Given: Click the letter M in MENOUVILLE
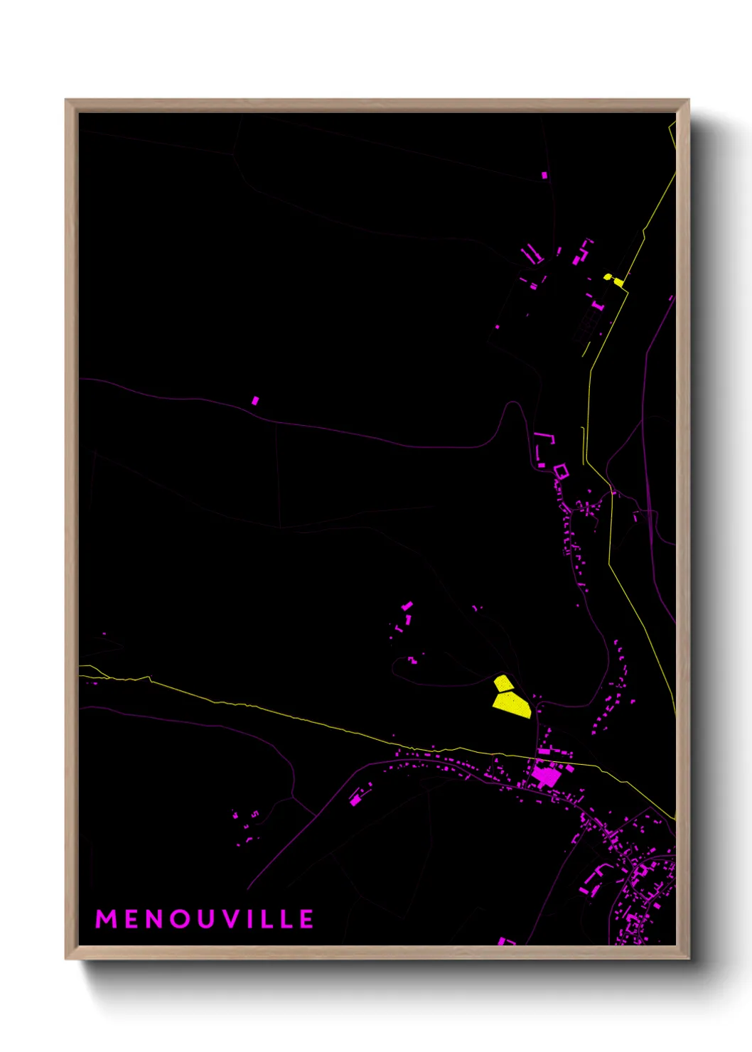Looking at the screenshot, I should (x=106, y=919).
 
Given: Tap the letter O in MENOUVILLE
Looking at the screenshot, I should (x=181, y=919).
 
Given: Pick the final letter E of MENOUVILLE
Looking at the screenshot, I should (x=306, y=919).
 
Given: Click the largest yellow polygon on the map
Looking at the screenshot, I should (x=512, y=704).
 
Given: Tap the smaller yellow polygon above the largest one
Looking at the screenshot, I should (x=503, y=683).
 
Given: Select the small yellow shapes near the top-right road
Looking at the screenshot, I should (x=614, y=280).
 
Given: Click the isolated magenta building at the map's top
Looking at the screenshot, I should (x=544, y=175).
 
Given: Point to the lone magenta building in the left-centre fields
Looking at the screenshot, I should (x=255, y=401).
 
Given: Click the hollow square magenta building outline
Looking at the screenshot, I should (x=562, y=471).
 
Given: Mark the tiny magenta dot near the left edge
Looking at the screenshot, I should (x=104, y=633).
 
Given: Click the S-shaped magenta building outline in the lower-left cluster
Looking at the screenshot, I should (x=254, y=814).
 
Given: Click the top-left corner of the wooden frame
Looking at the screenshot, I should (x=66, y=100).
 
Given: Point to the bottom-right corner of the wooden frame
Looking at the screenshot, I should (x=688, y=958).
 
